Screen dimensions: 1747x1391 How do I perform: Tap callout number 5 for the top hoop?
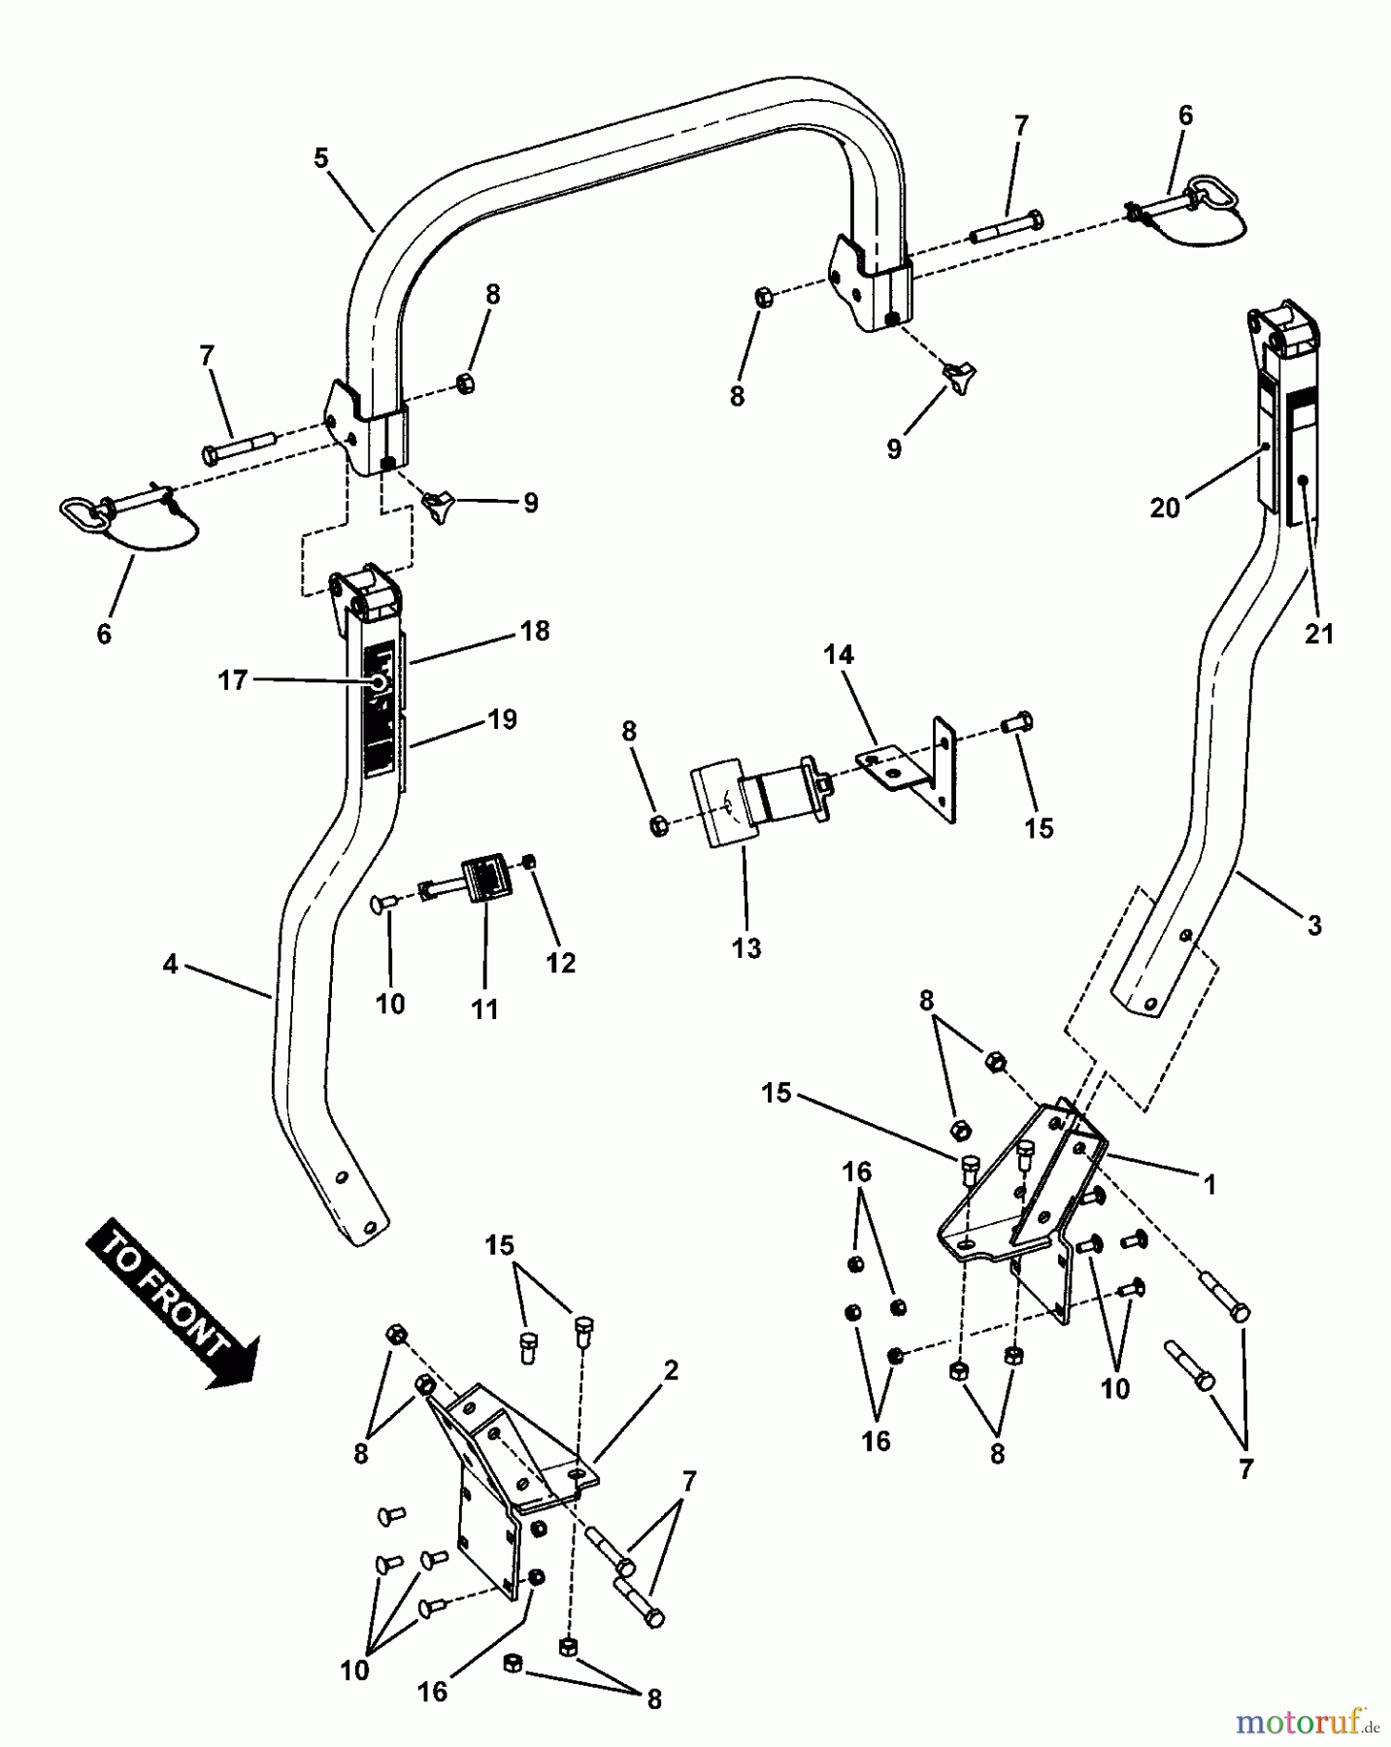point(321,156)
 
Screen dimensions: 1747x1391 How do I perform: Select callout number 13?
point(745,946)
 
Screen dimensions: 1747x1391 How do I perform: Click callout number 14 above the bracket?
point(839,655)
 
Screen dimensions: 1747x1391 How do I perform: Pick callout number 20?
point(1165,508)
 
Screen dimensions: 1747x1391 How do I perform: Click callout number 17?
point(233,680)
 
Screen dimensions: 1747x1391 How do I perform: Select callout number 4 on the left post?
point(171,966)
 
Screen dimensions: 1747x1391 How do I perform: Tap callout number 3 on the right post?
point(1313,925)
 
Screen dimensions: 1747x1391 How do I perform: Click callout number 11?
point(484,1008)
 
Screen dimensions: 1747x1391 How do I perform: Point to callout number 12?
point(561,963)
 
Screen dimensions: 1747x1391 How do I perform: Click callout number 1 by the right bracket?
point(1209,1184)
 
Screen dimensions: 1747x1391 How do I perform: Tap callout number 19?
point(502,719)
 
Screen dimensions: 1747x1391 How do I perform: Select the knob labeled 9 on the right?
point(958,374)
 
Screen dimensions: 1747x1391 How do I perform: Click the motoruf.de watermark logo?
point(1308,1724)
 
